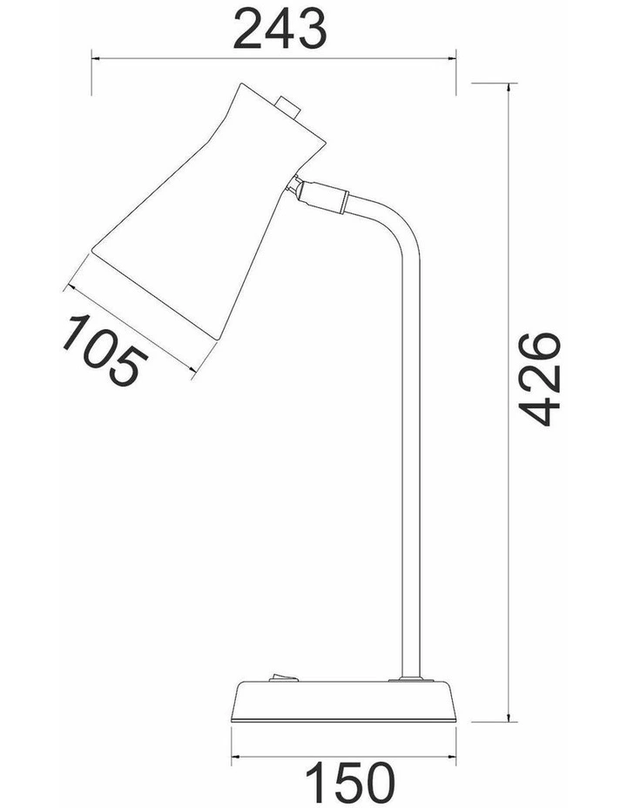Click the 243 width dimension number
click(280, 30)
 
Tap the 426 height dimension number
click(539, 380)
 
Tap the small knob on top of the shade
click(288, 106)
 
